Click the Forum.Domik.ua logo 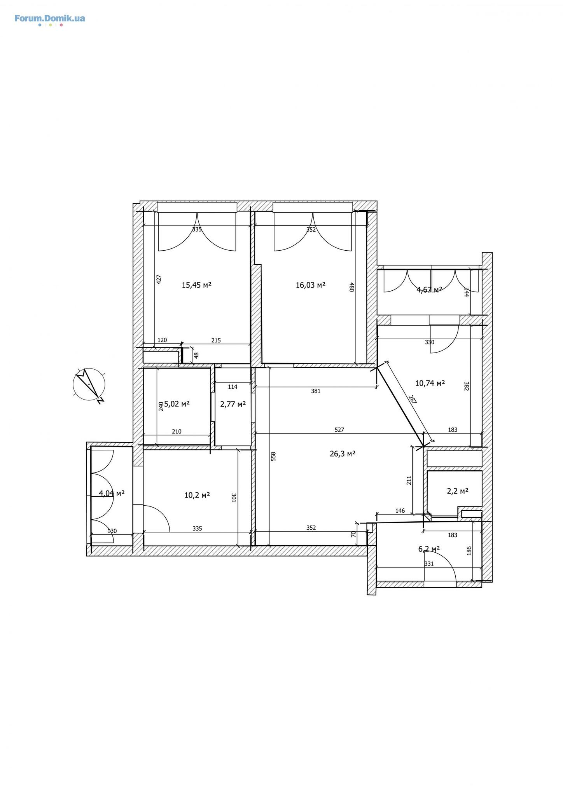click(50, 20)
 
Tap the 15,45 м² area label click(197, 285)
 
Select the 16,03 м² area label click(311, 285)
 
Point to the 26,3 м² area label click(343, 454)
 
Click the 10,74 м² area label click(430, 383)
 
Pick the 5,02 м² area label click(177, 404)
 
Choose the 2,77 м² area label click(233, 404)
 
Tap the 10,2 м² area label click(197, 495)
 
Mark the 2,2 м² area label click(458, 491)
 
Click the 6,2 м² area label click(429, 549)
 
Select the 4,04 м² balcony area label click(112, 494)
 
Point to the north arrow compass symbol click(89, 384)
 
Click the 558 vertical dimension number click(273, 456)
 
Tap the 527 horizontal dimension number click(339, 430)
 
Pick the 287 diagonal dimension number click(413, 400)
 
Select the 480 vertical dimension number click(351, 287)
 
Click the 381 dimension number click(316, 391)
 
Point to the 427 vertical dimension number click(159, 279)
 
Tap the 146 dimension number click(400, 511)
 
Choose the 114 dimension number click(233, 387)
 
